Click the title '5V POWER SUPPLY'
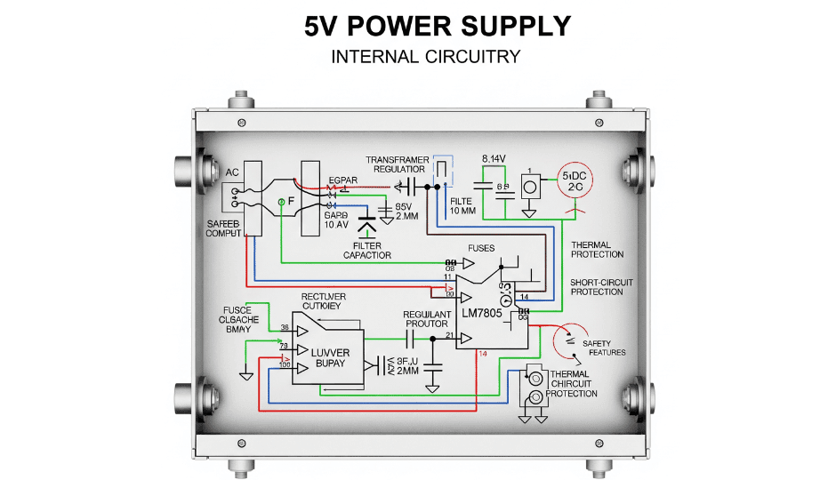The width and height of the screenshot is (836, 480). [x=437, y=26]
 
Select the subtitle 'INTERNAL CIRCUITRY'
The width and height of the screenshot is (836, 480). [x=425, y=57]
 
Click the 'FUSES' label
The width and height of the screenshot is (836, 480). [x=480, y=248]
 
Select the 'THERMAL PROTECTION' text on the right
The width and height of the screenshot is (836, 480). [x=597, y=250]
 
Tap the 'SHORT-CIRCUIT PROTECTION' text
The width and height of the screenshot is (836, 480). [x=602, y=287]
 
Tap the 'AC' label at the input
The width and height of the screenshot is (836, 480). [x=232, y=172]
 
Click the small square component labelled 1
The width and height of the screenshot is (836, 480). [x=530, y=188]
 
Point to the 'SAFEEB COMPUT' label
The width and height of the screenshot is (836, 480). [x=224, y=228]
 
